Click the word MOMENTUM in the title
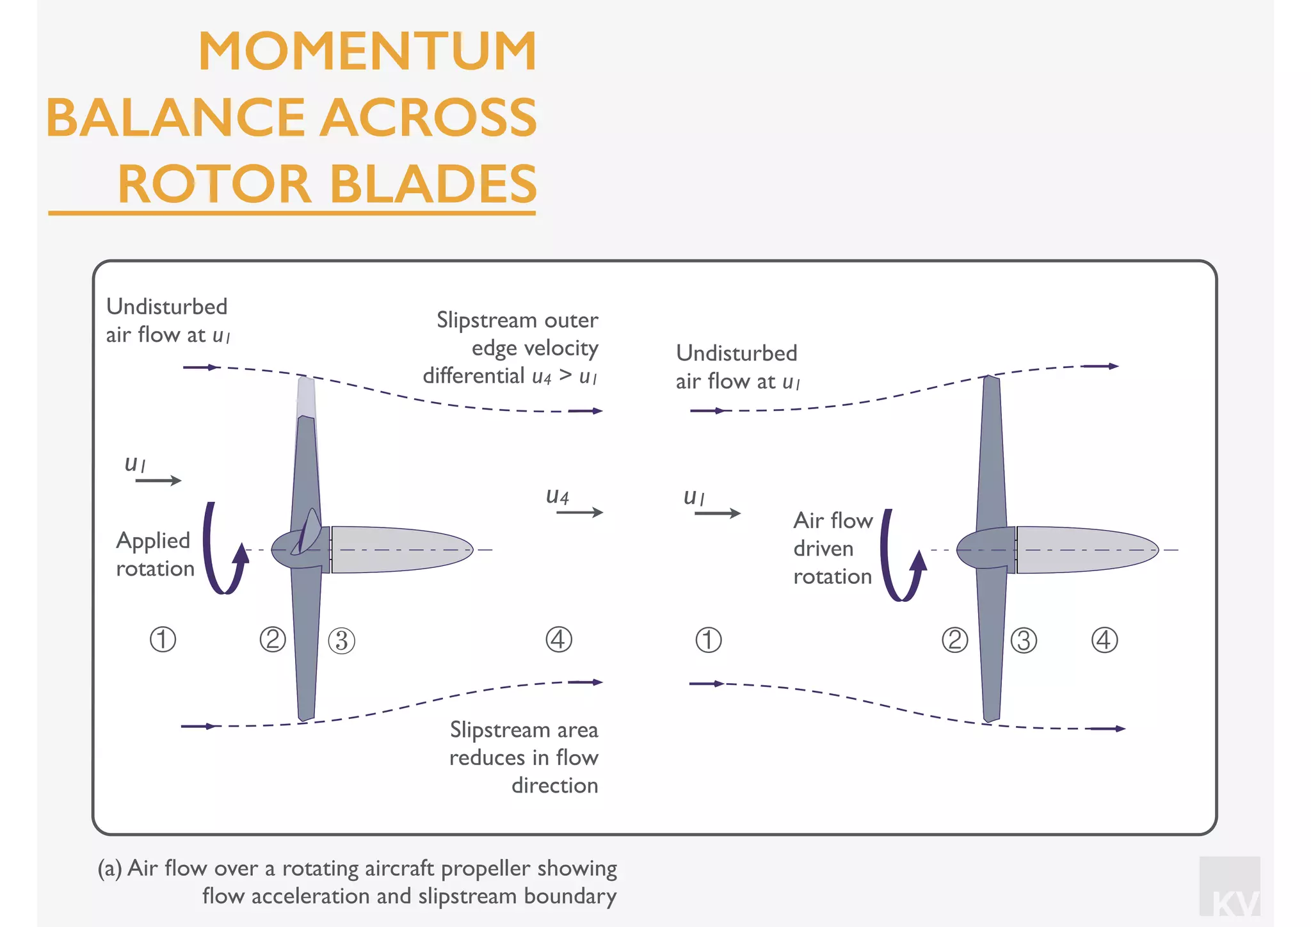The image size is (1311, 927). (x=367, y=51)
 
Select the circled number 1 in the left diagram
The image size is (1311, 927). (x=163, y=640)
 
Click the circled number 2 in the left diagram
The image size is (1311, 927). (x=273, y=640)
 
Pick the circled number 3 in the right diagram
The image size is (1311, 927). (x=1024, y=640)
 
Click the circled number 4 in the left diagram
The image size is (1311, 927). (x=558, y=640)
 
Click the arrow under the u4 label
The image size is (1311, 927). (x=579, y=512)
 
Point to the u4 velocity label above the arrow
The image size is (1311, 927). (x=557, y=496)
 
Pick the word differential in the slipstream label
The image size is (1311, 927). (x=474, y=376)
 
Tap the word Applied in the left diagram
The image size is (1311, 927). (x=153, y=541)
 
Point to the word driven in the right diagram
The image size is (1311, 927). (x=823, y=549)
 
